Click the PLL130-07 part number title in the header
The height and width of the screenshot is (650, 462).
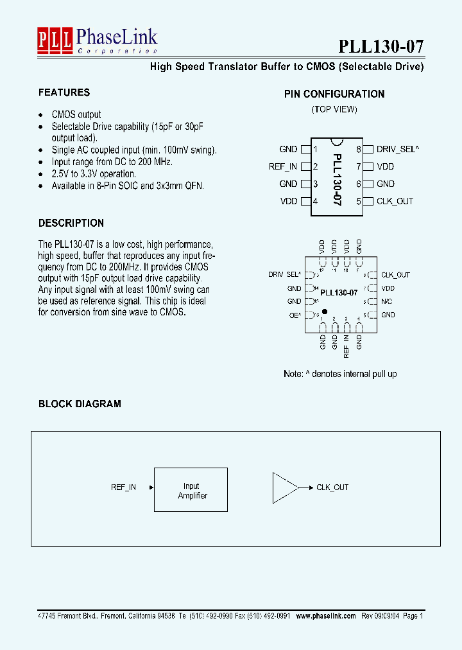381,46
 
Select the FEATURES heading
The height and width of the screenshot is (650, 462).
64,92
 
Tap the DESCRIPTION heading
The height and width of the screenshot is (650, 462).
71,224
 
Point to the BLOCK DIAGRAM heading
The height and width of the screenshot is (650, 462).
80,404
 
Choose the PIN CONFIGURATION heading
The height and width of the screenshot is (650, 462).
334,94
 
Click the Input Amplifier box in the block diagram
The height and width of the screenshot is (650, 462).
191,490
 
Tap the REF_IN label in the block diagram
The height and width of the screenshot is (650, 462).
123,487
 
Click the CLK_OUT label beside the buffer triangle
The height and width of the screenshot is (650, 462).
332,487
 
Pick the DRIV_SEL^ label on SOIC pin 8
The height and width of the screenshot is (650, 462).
398,149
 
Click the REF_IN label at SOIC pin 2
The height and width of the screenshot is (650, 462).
283,166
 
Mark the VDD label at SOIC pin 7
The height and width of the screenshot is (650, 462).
386,166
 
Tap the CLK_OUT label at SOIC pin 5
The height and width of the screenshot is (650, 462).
395,201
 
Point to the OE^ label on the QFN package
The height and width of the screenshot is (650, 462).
295,315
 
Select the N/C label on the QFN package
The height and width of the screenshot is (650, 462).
387,302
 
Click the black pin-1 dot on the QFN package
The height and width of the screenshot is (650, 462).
324,311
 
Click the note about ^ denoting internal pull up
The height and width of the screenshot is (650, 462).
340,374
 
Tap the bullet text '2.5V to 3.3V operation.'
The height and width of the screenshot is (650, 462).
94,174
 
